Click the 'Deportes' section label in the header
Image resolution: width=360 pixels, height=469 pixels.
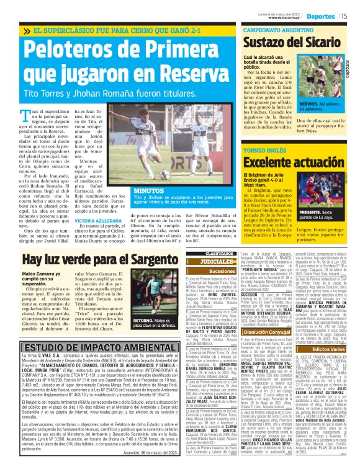[320, 16]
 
